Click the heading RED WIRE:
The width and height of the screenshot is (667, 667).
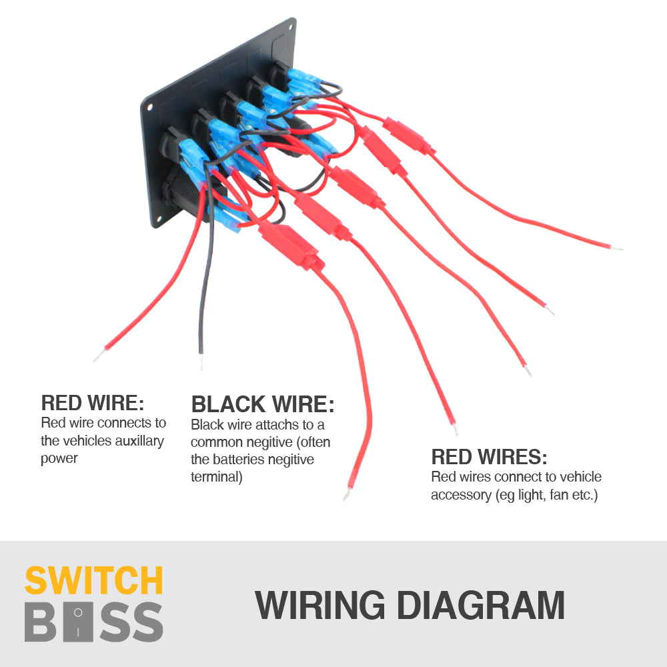93,403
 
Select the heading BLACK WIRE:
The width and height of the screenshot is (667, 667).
263,404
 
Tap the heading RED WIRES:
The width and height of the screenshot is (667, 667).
489,457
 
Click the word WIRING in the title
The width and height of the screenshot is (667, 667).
320,606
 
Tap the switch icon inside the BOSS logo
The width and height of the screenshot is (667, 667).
79,621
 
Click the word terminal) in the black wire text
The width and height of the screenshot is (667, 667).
217,477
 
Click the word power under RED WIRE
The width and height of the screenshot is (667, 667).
59,458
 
